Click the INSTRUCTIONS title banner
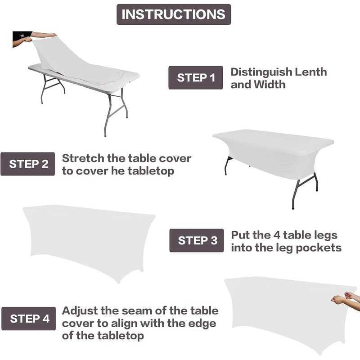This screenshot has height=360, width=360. (174, 14)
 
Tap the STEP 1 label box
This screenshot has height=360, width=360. (195, 77)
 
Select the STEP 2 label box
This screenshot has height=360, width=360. (28, 164)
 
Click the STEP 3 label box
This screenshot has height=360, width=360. (197, 240)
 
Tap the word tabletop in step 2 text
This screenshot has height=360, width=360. (151, 171)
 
